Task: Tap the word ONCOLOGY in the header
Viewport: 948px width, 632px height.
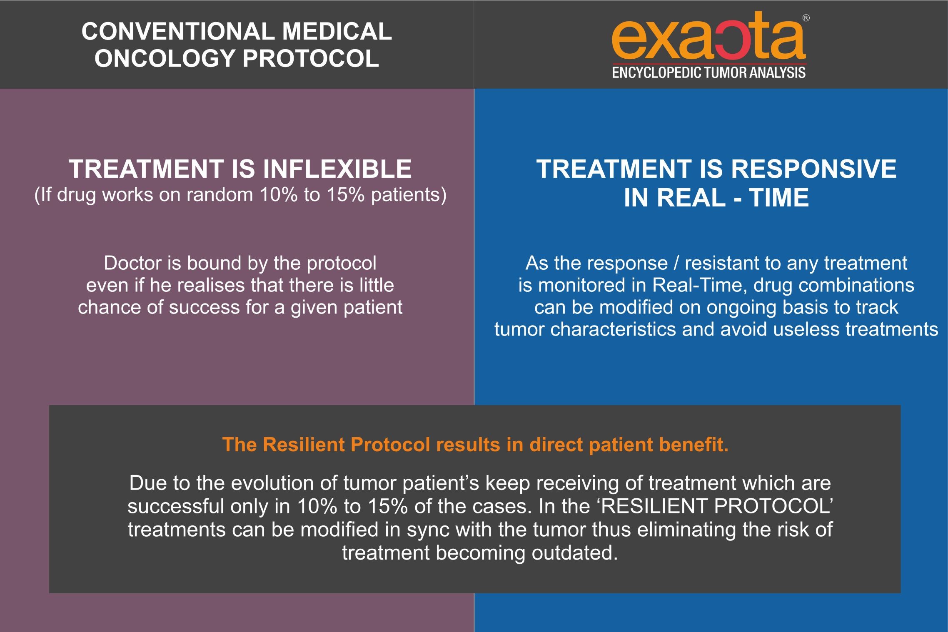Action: [165, 58]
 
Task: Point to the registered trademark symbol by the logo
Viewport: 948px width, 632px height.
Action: [806, 18]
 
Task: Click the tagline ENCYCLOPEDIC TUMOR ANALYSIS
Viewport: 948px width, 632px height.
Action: [709, 72]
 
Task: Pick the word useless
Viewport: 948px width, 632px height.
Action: [806, 329]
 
